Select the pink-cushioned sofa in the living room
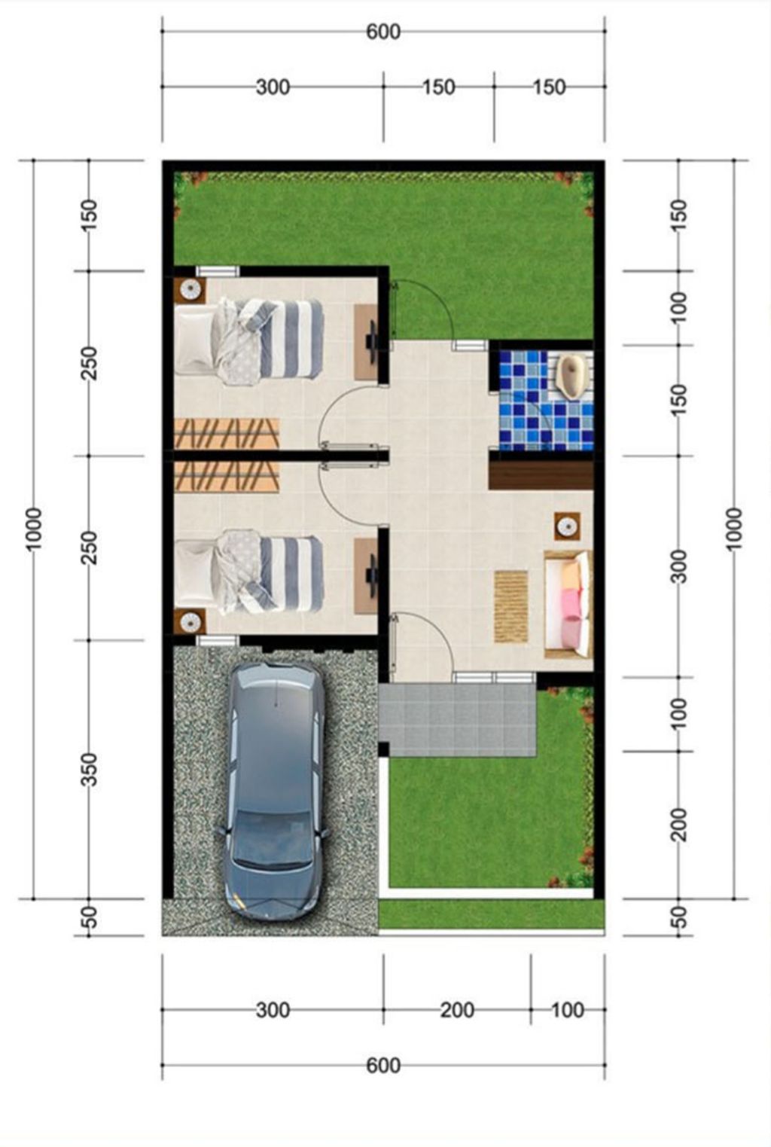[x=568, y=604]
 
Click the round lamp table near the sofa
[x=568, y=526]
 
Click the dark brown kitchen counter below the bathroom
[x=541, y=475]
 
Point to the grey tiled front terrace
[x=457, y=719]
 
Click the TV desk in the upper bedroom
[x=367, y=342]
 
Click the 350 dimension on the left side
[x=89, y=769]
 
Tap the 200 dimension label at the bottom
[x=458, y=1010]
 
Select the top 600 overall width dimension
[x=383, y=32]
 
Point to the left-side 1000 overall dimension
[x=34, y=529]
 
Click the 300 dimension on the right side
[x=679, y=566]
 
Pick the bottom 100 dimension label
[x=567, y=1010]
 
